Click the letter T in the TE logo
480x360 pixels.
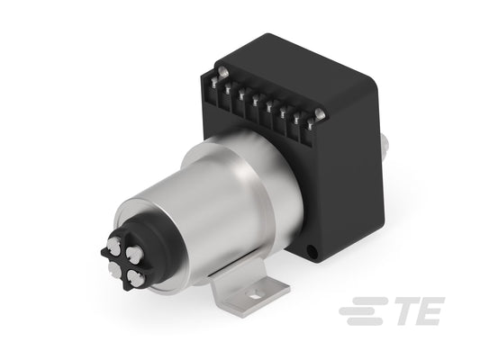tap(404, 310)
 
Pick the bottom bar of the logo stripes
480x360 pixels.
tap(365, 320)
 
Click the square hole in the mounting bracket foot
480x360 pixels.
tap(254, 296)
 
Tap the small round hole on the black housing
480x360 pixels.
tap(312, 251)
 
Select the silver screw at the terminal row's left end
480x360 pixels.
tap(222, 72)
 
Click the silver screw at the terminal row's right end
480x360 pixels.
tap(320, 113)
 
